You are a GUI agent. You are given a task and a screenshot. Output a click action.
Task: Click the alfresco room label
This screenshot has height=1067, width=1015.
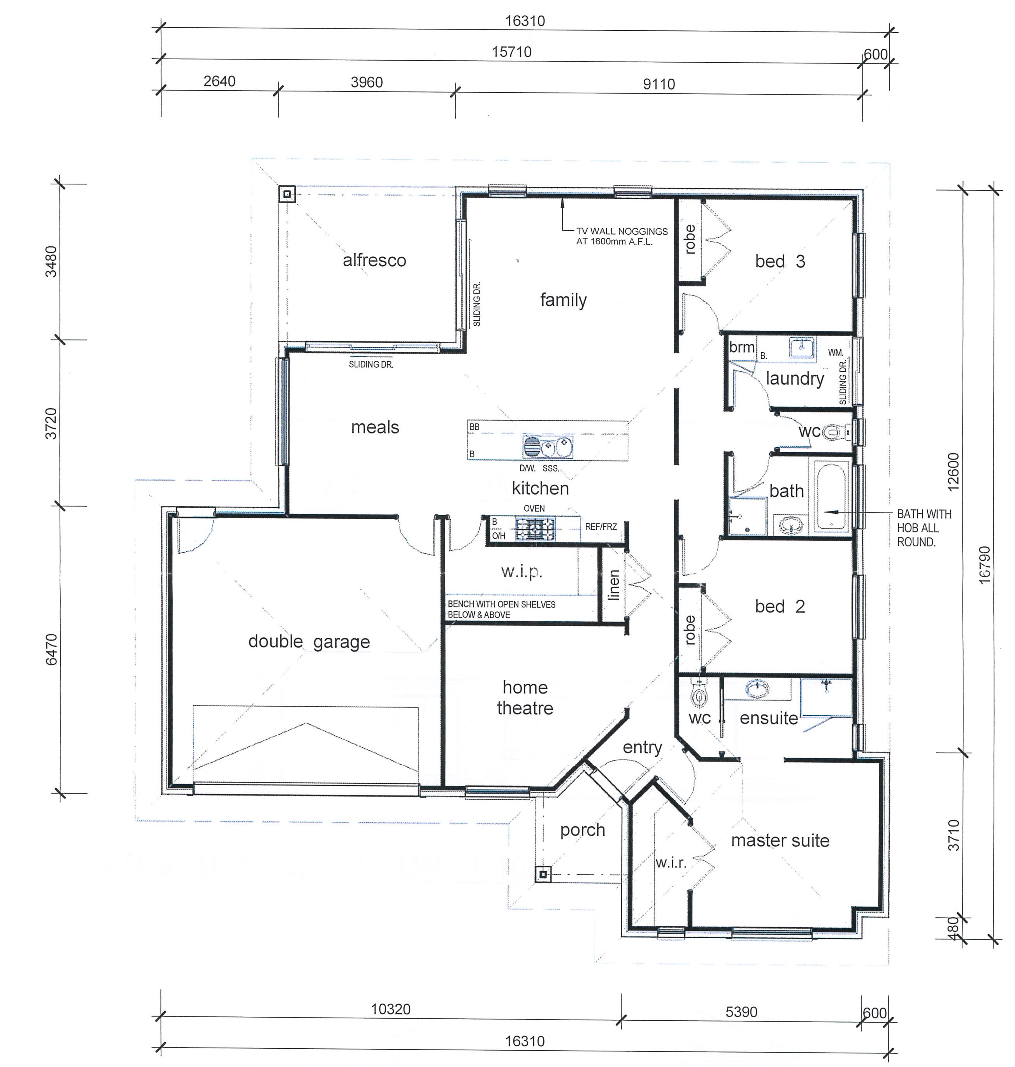click(x=374, y=260)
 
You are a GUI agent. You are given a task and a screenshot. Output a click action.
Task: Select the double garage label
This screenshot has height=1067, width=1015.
click(x=309, y=642)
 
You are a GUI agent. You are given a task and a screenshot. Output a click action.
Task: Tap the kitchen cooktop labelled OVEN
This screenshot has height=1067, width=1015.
click(x=535, y=528)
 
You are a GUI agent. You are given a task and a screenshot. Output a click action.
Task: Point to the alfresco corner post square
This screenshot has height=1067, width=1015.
click(x=287, y=194)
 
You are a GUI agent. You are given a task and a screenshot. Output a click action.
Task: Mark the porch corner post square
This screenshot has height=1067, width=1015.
click(x=544, y=874)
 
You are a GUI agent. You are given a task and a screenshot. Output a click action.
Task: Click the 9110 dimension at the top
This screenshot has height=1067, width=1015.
click(x=659, y=84)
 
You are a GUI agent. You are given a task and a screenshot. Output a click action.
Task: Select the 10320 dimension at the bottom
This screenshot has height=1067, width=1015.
click(x=391, y=1009)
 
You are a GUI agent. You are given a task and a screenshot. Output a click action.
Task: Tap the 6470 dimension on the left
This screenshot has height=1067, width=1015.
click(x=51, y=650)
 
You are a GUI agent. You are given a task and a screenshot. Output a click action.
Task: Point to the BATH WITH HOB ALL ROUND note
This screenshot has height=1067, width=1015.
click(x=924, y=528)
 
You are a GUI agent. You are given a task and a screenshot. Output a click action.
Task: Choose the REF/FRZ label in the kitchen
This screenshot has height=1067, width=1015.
click(x=601, y=526)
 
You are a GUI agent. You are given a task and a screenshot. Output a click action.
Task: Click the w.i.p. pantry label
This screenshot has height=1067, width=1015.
click(x=522, y=572)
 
